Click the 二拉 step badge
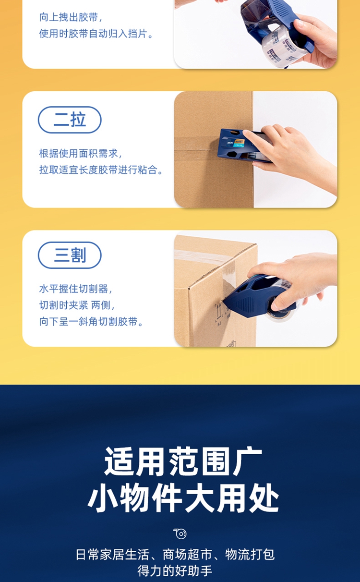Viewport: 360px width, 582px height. click(70, 120)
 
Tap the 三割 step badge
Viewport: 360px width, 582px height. click(70, 255)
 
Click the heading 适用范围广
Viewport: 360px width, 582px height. click(183, 461)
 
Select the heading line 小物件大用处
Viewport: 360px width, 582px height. click(183, 498)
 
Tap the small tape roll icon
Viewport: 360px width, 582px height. click(180, 533)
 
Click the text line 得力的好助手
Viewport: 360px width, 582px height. click(175, 571)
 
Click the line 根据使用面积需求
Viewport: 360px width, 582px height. click(81, 154)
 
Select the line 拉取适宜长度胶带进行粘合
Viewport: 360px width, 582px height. click(101, 170)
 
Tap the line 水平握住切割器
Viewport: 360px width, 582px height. click(75, 289)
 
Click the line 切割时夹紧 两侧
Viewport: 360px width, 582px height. click(77, 305)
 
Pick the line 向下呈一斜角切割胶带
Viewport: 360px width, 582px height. click(91, 322)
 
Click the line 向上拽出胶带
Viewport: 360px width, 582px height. click(71, 17)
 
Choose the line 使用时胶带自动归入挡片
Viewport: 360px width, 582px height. click(96, 34)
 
